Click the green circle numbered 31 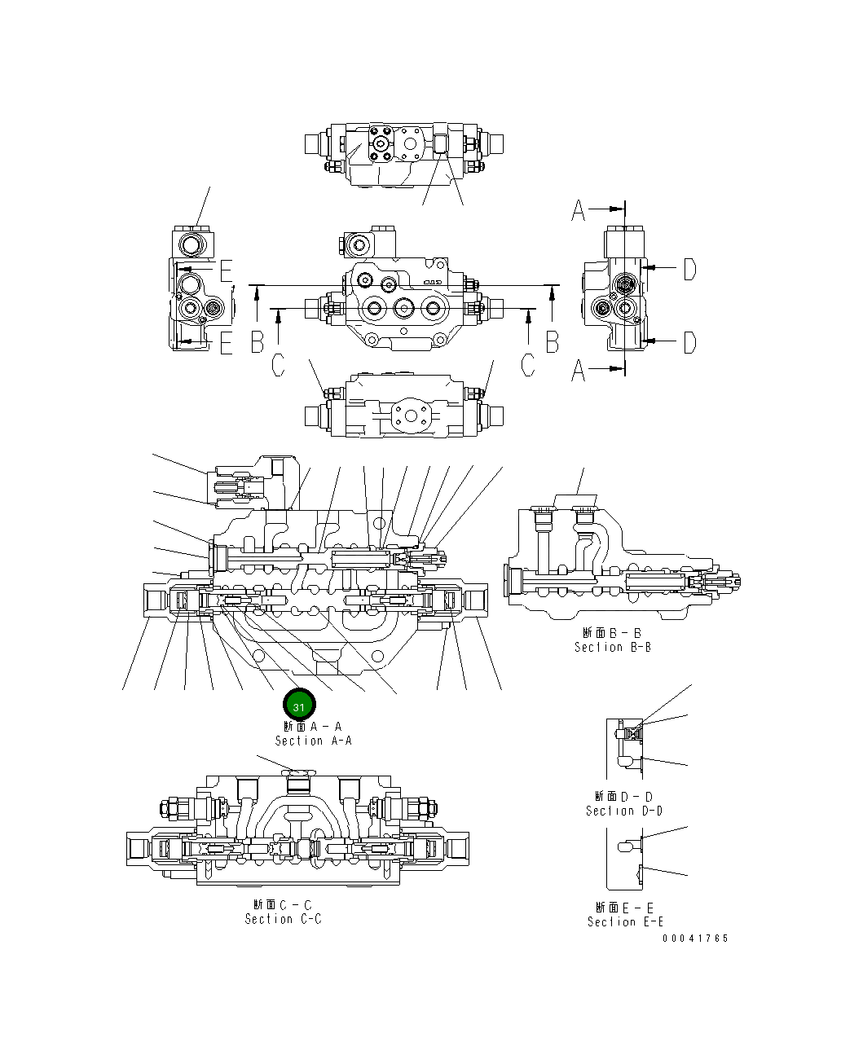[299, 706]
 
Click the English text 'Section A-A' [313, 741]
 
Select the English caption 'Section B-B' [612, 647]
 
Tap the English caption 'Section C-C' [283, 919]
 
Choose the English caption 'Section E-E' [625, 921]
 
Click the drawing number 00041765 [695, 939]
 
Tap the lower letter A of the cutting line [579, 371]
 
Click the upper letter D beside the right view [689, 269]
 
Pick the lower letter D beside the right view [689, 342]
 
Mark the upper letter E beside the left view [226, 270]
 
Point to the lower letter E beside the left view [226, 344]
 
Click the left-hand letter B [258, 342]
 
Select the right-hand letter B [553, 342]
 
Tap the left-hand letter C [279, 366]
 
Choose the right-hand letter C [529, 366]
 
